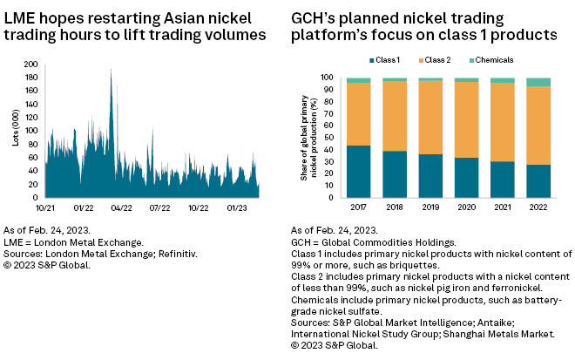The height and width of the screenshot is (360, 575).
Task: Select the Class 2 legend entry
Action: click(x=439, y=59)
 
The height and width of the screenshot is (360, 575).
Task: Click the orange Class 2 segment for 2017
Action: click(x=358, y=113)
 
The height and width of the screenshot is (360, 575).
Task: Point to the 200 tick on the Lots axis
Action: click(x=34, y=65)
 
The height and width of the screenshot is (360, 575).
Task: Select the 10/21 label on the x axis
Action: click(x=45, y=208)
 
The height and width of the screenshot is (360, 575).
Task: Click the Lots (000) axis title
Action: click(x=17, y=130)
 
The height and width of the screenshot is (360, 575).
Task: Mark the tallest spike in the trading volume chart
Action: click(x=111, y=70)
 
